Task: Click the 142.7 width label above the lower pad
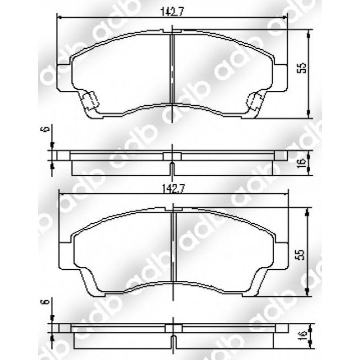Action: click(173, 189)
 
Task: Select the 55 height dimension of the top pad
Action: click(301, 68)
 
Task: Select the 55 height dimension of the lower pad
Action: click(301, 254)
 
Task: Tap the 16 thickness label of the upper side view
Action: click(301, 163)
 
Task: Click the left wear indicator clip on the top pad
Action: click(89, 101)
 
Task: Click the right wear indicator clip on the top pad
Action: click(255, 101)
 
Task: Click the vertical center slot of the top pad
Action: click(173, 69)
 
